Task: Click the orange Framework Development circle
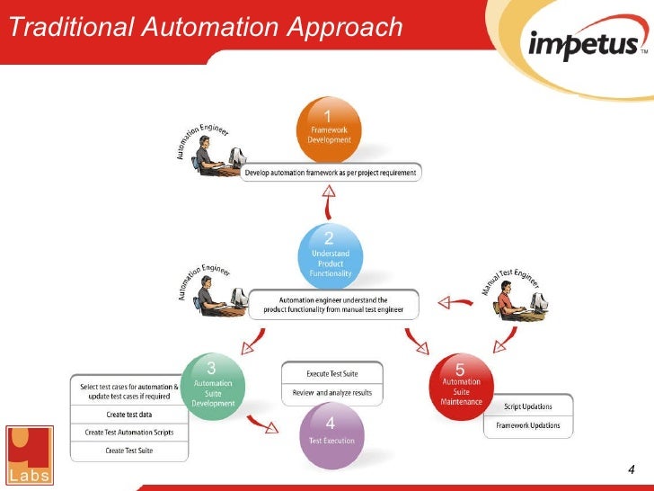pyautogui.click(x=329, y=129)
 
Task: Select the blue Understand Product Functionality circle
pyautogui.click(x=331, y=254)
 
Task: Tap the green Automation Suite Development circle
pyautogui.click(x=213, y=385)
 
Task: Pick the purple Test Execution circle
pyautogui.click(x=330, y=436)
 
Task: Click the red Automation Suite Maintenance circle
pyautogui.click(x=462, y=385)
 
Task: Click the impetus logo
pyautogui.click(x=586, y=44)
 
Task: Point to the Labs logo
pyautogui.click(x=30, y=453)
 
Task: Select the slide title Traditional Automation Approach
pyautogui.click(x=205, y=28)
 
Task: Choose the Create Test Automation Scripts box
pyautogui.click(x=128, y=433)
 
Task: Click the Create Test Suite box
pyautogui.click(x=128, y=451)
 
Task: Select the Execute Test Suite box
pyautogui.click(x=331, y=373)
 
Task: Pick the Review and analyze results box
pyautogui.click(x=331, y=393)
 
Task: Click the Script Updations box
pyautogui.click(x=528, y=406)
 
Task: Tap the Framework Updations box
pyautogui.click(x=528, y=425)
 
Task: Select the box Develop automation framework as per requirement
pyautogui.click(x=331, y=173)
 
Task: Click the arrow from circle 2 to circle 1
pyautogui.click(x=331, y=202)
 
